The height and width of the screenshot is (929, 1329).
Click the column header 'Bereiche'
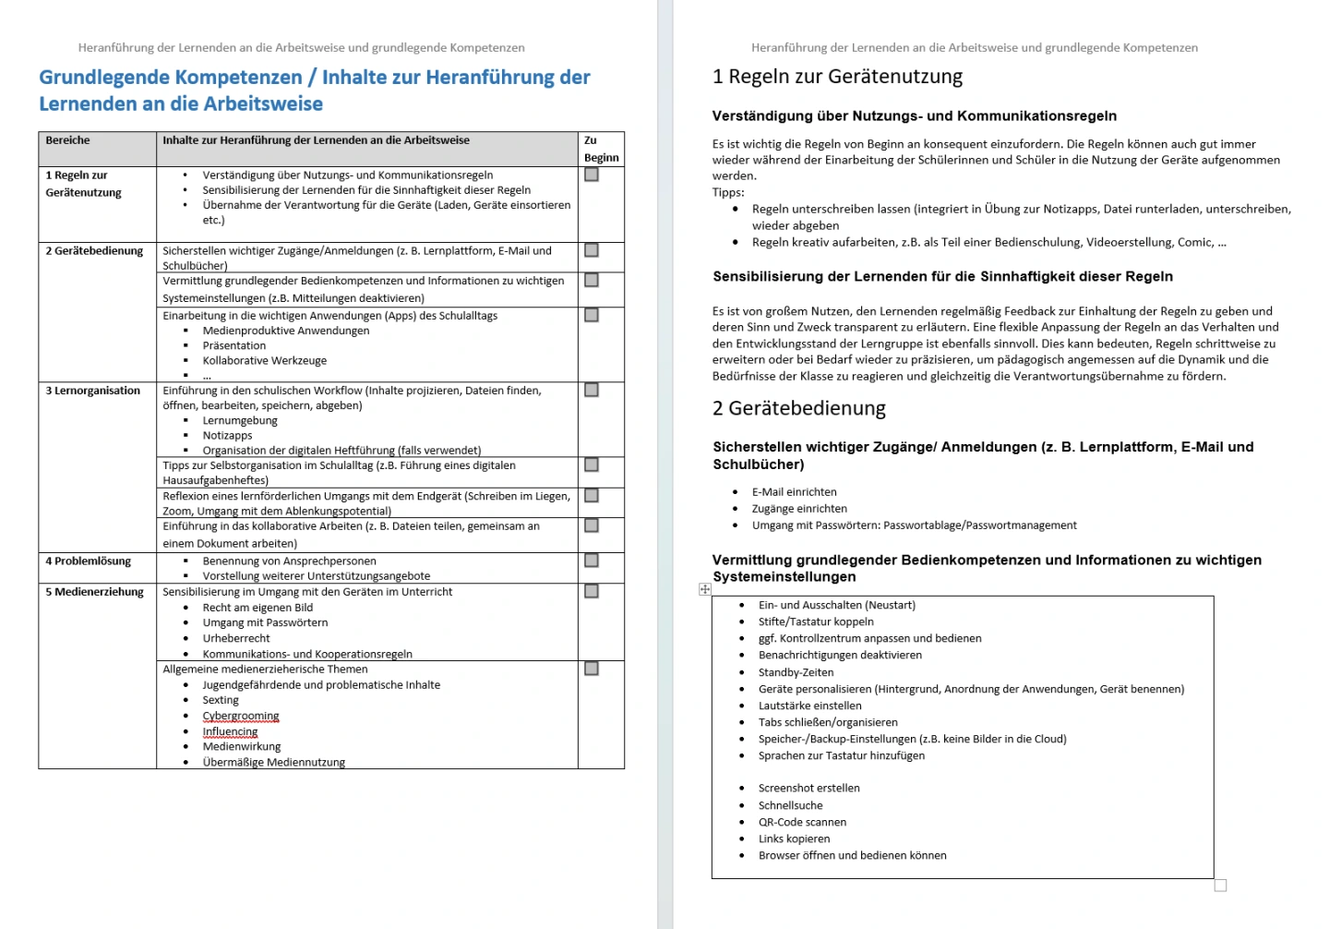click(68, 140)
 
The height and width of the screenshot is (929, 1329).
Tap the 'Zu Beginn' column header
click(601, 149)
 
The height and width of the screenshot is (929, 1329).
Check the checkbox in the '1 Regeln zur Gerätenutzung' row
click(592, 175)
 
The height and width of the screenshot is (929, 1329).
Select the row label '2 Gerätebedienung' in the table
click(94, 251)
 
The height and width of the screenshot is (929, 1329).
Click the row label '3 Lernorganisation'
click(92, 391)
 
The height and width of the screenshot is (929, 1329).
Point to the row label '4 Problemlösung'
click(88, 561)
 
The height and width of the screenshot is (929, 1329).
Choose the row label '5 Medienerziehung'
click(94, 592)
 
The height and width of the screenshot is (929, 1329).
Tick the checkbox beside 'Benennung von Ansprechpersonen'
click(592, 561)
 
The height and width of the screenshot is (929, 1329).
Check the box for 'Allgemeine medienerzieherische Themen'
click(592, 669)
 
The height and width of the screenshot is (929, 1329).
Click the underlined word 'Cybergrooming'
click(241, 716)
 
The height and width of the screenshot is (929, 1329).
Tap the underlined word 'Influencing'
click(230, 731)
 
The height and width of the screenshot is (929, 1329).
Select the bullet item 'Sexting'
click(221, 700)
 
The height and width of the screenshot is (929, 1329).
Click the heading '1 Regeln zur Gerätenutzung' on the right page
click(837, 77)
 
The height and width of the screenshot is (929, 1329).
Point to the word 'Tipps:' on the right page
click(728, 192)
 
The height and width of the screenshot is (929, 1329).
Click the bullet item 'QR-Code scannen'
click(802, 822)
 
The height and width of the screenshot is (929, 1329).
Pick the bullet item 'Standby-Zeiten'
click(796, 672)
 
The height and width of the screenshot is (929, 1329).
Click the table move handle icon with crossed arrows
click(705, 589)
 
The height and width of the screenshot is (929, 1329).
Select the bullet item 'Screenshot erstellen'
click(808, 788)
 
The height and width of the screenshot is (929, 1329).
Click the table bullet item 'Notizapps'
click(227, 436)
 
